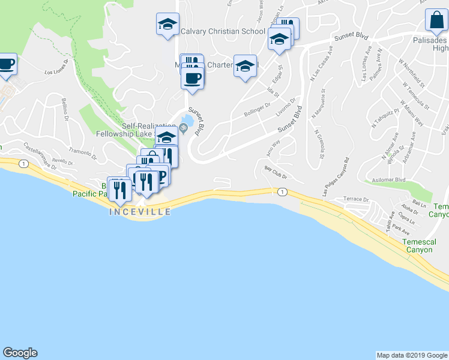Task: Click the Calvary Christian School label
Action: pyautogui.click(x=223, y=31)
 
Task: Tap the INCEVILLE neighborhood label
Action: pyautogui.click(x=140, y=212)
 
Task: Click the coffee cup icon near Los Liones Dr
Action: pyautogui.click(x=6, y=64)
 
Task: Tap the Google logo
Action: pyautogui.click(x=20, y=353)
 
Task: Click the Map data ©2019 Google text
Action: pyautogui.click(x=412, y=355)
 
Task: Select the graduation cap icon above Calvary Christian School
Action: pyautogui.click(x=167, y=24)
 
